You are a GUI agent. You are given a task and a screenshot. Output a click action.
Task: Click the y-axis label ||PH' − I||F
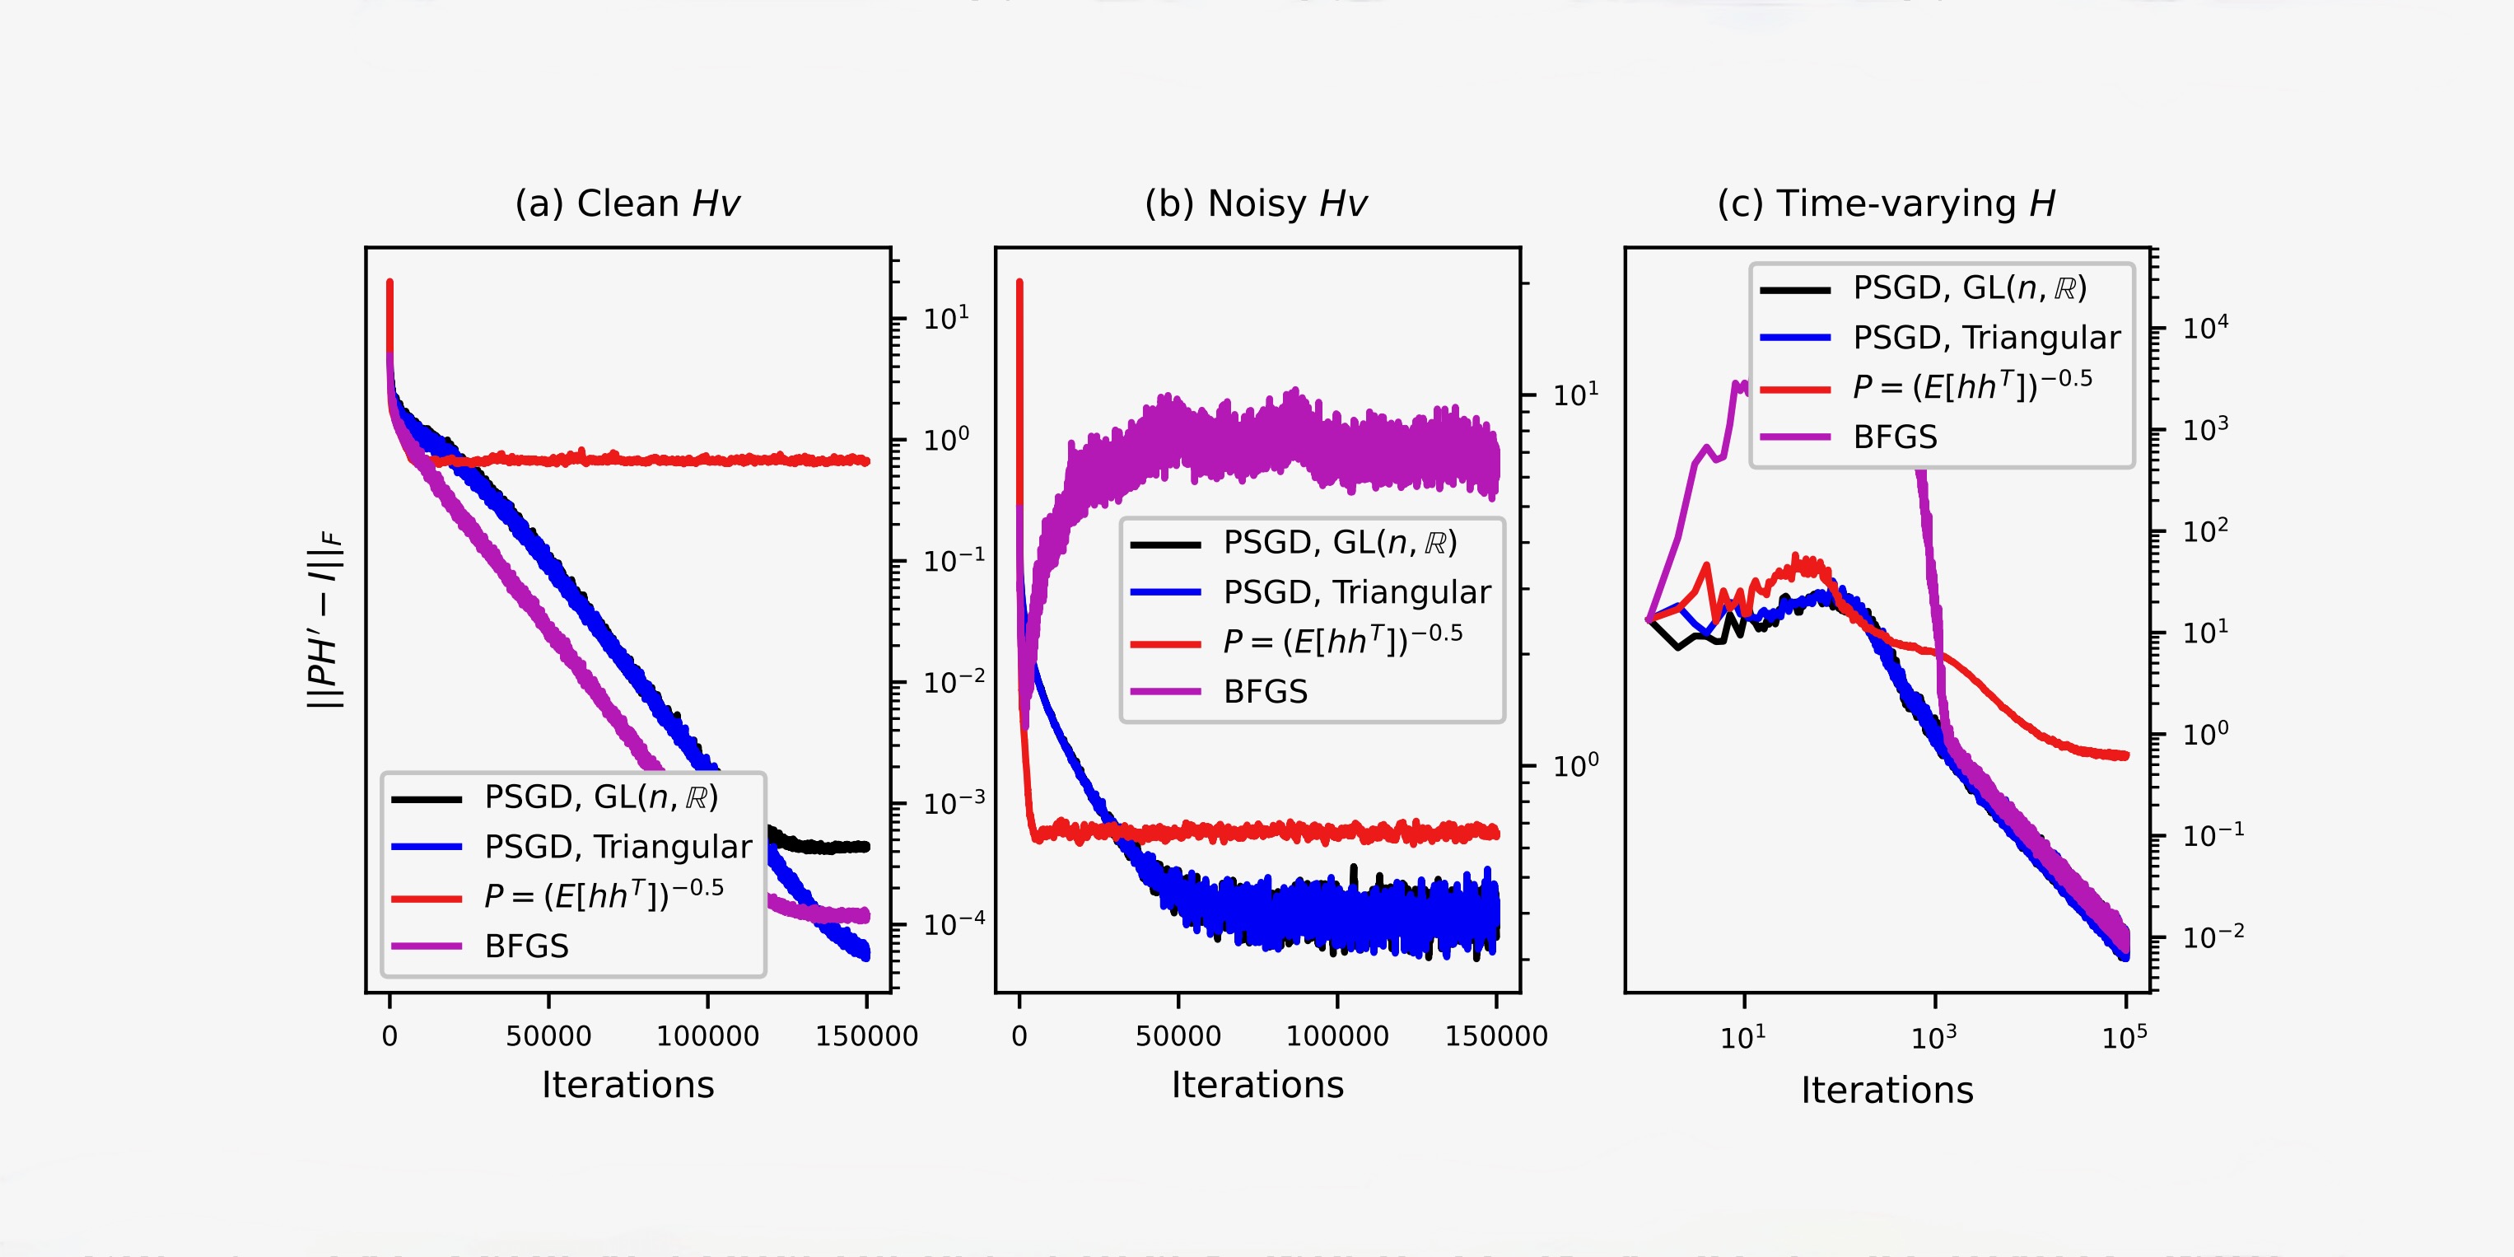tap(326, 619)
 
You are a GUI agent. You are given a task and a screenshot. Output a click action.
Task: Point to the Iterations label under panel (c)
tap(1887, 1090)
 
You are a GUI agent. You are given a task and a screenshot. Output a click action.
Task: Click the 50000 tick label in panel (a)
tap(548, 1035)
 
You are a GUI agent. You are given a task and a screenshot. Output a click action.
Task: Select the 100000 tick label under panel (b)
tap(1337, 1035)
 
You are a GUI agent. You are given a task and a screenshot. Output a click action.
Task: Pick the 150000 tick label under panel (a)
tap(866, 1035)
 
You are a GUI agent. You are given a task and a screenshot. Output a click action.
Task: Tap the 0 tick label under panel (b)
tap(1019, 1035)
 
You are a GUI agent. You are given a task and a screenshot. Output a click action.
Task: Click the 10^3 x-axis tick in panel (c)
tap(1933, 1037)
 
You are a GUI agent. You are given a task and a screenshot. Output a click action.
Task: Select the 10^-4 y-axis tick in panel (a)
tap(954, 923)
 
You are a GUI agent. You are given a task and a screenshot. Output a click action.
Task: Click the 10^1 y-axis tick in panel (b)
tap(1575, 395)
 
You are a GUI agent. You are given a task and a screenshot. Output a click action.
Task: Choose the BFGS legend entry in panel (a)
tap(526, 946)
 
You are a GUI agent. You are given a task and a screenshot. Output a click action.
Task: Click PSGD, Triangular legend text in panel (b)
tap(1356, 591)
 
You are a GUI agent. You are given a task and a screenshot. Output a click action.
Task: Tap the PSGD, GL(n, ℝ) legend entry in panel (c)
tap(1970, 288)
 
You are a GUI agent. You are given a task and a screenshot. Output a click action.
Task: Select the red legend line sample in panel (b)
tap(1165, 643)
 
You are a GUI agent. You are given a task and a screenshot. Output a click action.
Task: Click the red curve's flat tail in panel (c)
tap(2098, 754)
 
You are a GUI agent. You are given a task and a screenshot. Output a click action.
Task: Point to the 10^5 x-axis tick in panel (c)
tap(2125, 1037)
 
